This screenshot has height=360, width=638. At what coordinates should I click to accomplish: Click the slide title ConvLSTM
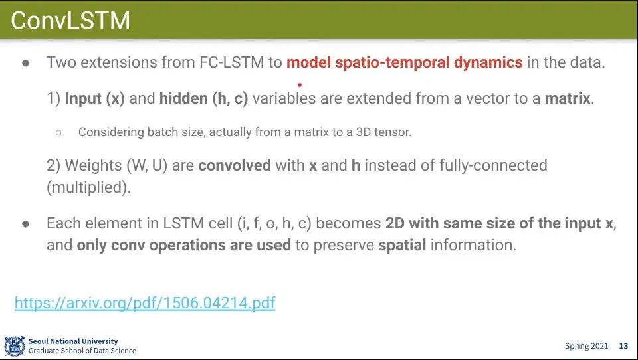tap(70, 21)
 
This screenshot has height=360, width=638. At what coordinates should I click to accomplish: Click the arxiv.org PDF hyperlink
tap(145, 303)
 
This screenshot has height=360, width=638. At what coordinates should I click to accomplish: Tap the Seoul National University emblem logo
tap(15, 346)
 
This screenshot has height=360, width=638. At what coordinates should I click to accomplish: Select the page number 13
tap(624, 346)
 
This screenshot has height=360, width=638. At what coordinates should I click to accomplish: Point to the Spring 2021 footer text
tap(586, 346)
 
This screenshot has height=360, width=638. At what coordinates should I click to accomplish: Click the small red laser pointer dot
tap(300, 85)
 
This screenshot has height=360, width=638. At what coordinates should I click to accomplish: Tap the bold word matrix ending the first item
tap(568, 98)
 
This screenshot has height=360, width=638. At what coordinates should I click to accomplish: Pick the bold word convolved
tap(235, 165)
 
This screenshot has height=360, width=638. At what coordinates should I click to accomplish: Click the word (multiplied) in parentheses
tap(88, 187)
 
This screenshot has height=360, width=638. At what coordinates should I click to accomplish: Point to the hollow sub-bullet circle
tap(58, 132)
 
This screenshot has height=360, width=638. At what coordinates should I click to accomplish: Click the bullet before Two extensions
tap(26, 63)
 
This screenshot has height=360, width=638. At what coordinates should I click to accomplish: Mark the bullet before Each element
tap(26, 224)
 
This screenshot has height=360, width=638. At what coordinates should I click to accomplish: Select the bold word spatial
tap(402, 245)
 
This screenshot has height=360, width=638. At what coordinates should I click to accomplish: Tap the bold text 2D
tap(395, 223)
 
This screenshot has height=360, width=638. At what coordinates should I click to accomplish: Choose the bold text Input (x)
tap(95, 98)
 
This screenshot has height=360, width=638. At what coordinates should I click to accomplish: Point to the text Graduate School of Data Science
tap(82, 351)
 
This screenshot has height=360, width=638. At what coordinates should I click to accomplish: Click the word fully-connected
tap(493, 165)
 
